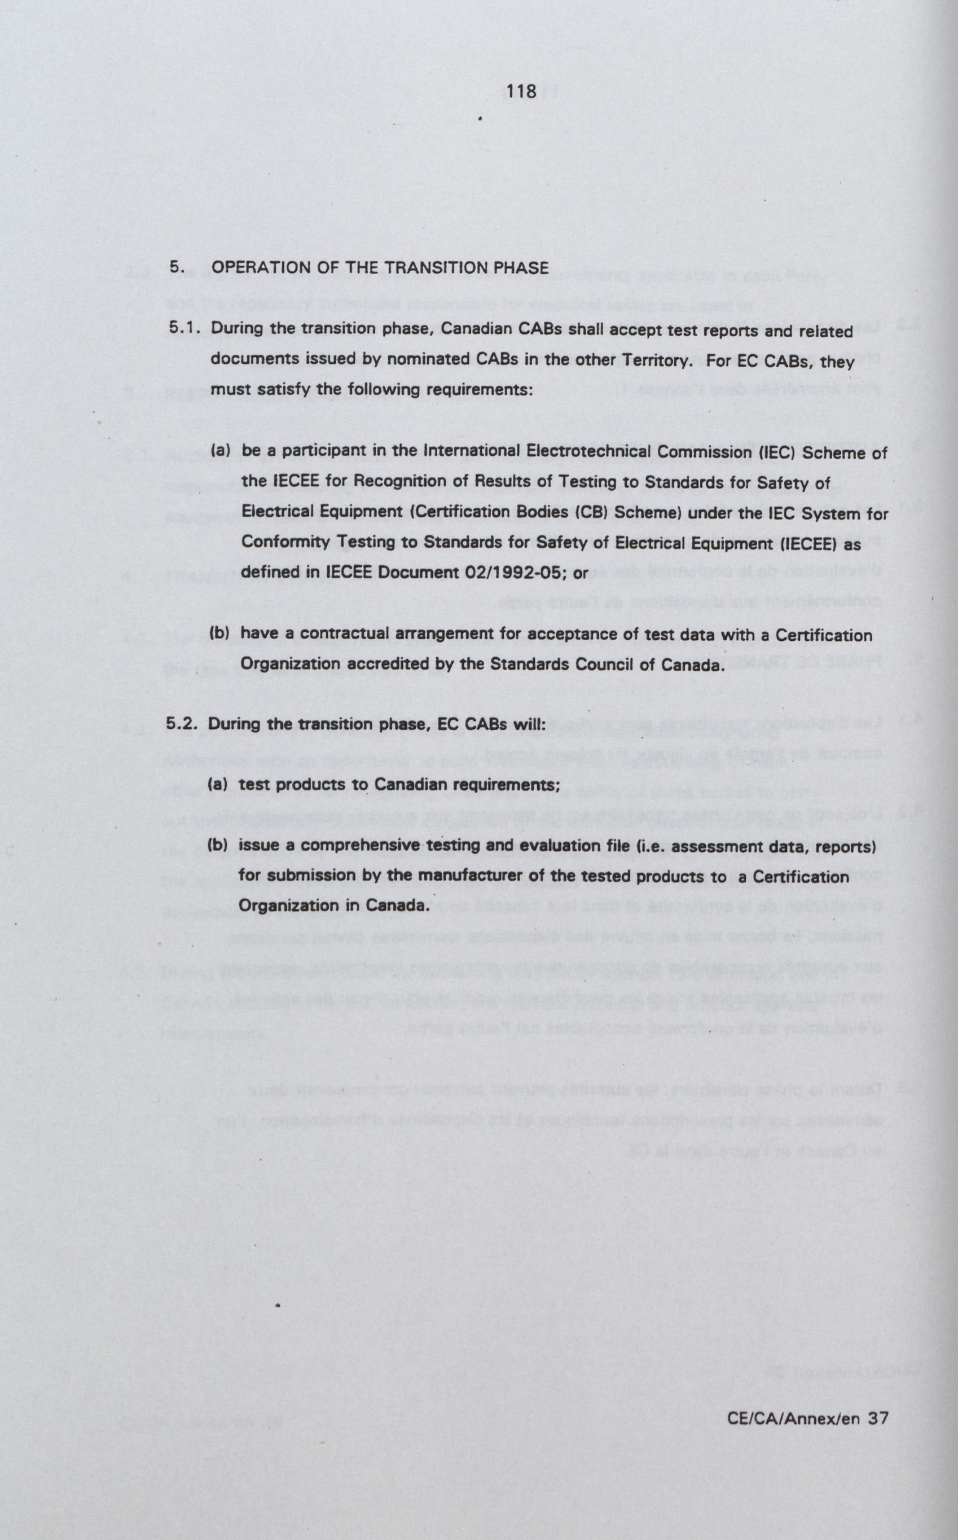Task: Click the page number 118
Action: [x=521, y=92]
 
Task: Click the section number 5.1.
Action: [x=184, y=328]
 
